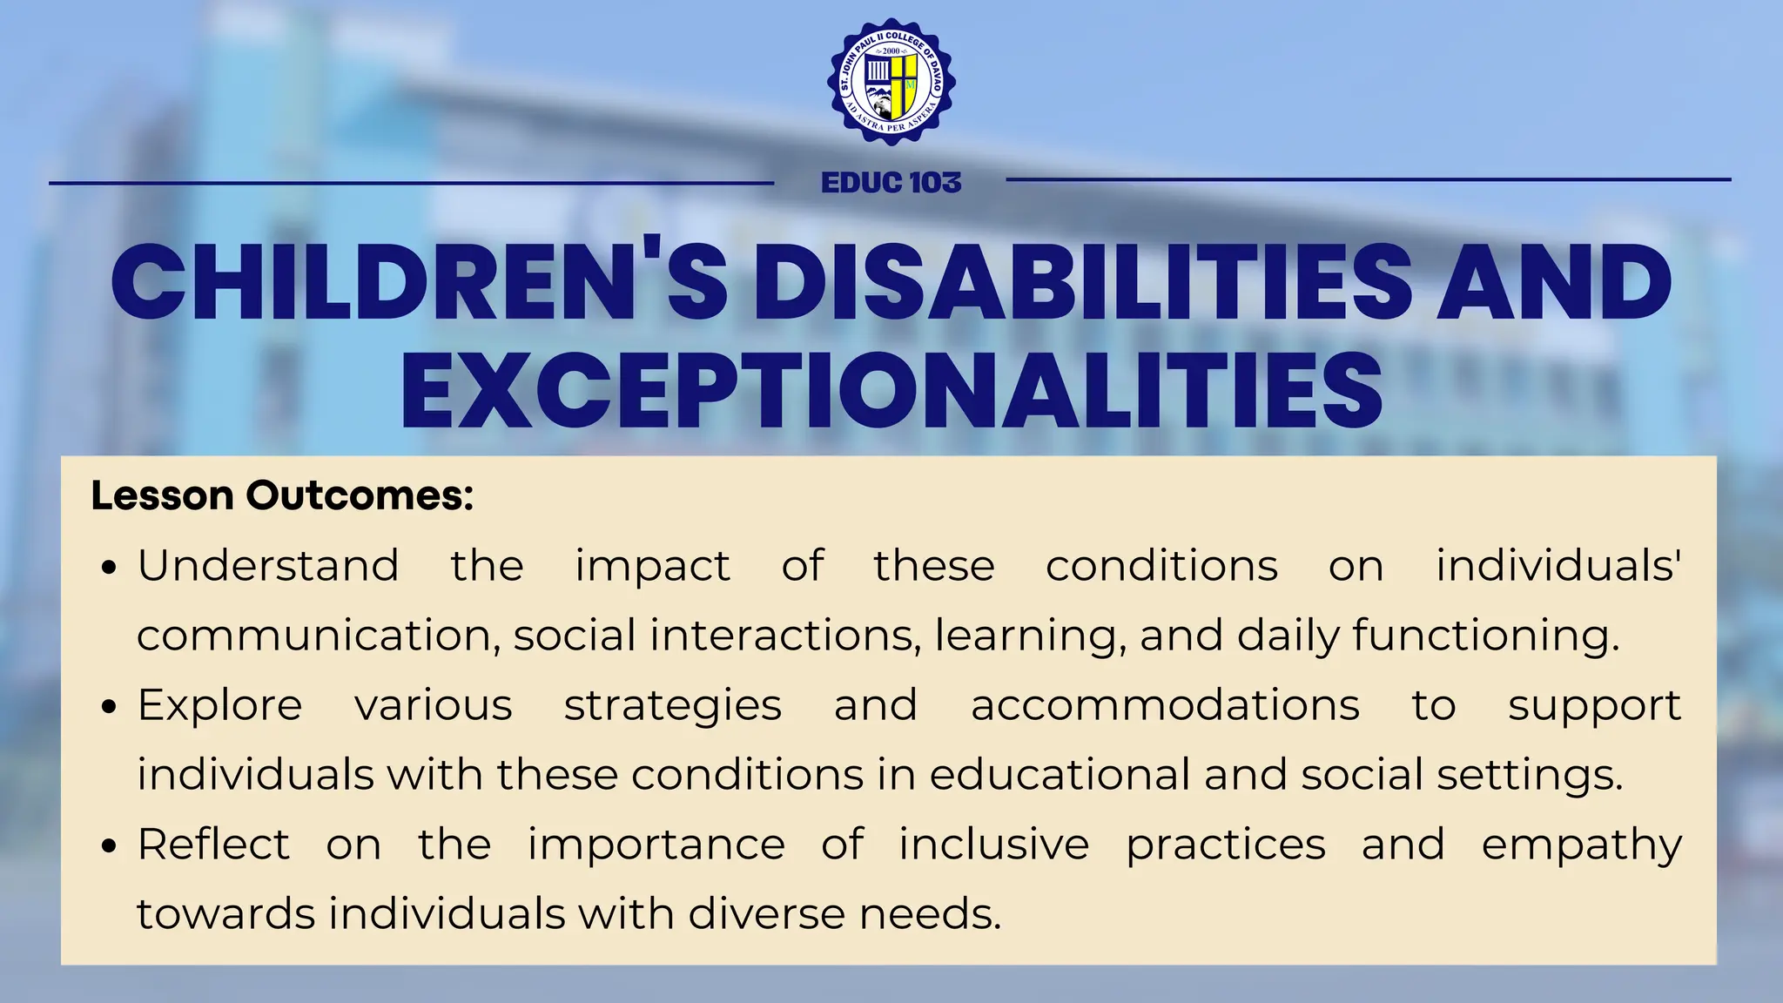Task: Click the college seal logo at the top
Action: pos(891,82)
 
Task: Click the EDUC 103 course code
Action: pos(891,183)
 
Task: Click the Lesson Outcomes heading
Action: pos(282,495)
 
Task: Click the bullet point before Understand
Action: pos(109,569)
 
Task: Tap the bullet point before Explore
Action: pos(109,708)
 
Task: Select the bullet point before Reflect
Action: pos(109,847)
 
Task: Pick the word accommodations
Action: pos(1165,705)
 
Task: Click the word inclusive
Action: pos(993,845)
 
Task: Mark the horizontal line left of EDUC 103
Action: pos(411,183)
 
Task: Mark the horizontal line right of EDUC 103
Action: pos(1368,180)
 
